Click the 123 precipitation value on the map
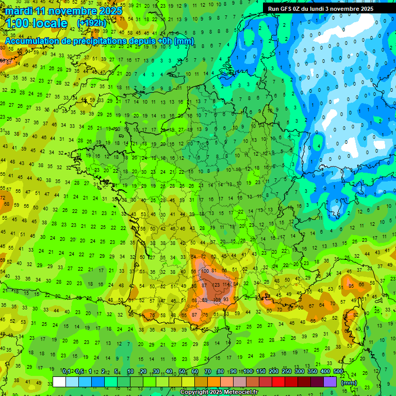(216, 285)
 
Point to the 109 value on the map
(217, 300)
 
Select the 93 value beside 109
(226, 300)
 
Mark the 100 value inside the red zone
(205, 271)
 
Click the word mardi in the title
(19, 10)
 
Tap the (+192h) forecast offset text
(91, 23)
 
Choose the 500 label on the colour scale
(338, 371)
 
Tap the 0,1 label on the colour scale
(66, 371)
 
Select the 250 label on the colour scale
(286, 371)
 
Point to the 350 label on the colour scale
(312, 371)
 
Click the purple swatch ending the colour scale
(330, 382)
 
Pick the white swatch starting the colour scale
(59, 382)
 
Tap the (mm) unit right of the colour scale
(349, 383)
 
